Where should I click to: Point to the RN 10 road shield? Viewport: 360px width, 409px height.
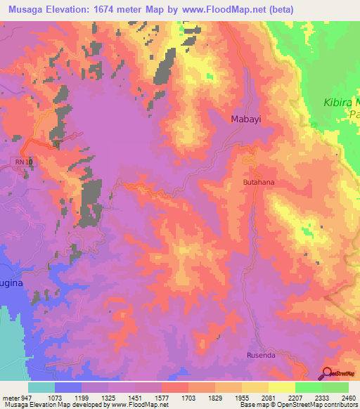coord(24,162)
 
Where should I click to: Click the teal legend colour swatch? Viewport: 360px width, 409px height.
coord(41,387)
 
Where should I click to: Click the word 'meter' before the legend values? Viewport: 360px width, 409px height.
coord(10,397)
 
